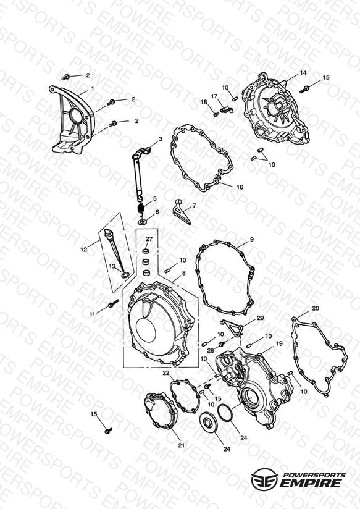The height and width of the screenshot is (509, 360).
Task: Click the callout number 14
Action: tap(303, 73)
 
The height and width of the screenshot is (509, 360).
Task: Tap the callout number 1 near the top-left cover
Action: tap(93, 88)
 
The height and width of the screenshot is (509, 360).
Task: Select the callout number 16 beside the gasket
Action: tap(240, 187)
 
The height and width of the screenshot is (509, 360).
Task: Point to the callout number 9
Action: tap(251, 240)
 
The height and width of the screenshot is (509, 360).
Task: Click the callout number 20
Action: tap(316, 308)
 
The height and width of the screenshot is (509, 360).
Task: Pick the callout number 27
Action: tap(149, 238)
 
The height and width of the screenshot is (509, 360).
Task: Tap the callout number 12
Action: tap(84, 250)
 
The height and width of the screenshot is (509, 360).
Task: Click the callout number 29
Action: tap(261, 318)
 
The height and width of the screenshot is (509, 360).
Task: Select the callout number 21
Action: tap(181, 445)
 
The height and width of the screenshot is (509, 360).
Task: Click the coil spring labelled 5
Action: tap(141, 207)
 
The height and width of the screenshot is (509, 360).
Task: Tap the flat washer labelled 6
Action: tap(142, 222)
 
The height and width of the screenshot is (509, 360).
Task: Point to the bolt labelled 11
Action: tap(112, 304)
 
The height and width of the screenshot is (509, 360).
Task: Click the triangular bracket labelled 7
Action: tap(181, 212)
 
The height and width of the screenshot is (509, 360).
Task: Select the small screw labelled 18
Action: tap(216, 114)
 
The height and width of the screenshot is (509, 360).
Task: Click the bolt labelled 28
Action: tap(222, 344)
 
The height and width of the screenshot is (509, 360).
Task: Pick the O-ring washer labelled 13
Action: tap(125, 276)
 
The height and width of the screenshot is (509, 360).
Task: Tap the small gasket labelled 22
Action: tap(185, 396)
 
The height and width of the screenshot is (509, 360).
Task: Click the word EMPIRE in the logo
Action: tap(311, 482)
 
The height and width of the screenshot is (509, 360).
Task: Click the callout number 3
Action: tap(161, 139)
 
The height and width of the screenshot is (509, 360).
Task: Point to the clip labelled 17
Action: tap(226, 109)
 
